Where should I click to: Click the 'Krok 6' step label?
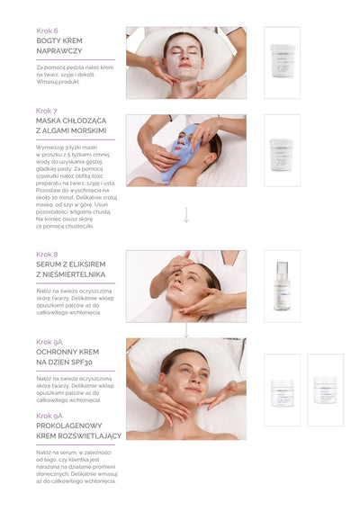(47, 30)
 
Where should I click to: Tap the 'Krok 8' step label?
(47, 254)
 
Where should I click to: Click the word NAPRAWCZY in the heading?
(59, 51)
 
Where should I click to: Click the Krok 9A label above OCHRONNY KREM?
(49, 342)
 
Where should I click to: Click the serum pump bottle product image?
(282, 286)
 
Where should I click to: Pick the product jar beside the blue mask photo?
(282, 150)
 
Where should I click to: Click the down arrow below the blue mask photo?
(186, 215)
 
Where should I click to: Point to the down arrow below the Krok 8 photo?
(186, 330)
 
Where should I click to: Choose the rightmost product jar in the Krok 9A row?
(325, 390)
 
